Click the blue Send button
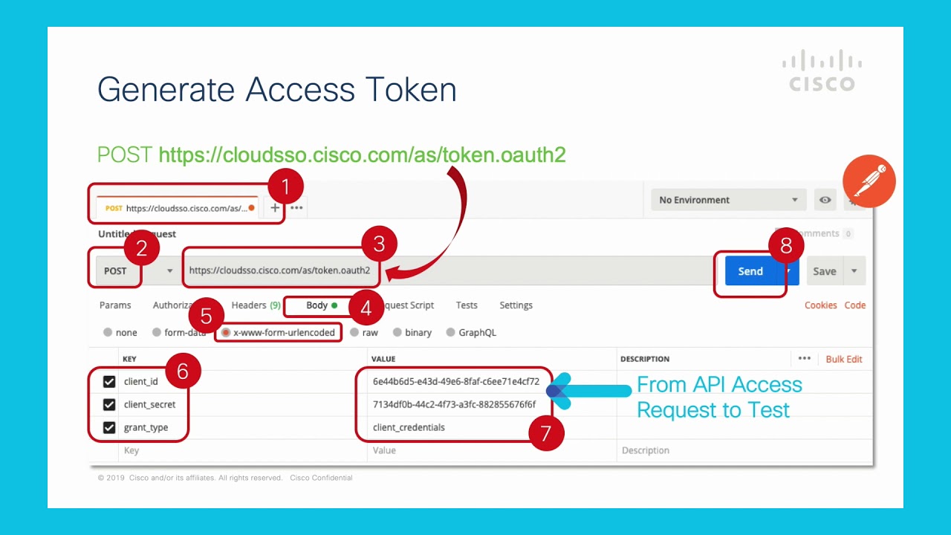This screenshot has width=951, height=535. [750, 271]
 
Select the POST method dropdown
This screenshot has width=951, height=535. [134, 271]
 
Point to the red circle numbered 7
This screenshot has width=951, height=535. [546, 433]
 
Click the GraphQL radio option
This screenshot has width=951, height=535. [451, 333]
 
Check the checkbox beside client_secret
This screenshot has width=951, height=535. [109, 405]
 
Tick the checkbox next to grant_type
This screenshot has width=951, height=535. [109, 428]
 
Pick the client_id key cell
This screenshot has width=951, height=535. [141, 382]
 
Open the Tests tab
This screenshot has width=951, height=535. [467, 305]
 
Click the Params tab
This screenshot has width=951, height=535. [115, 305]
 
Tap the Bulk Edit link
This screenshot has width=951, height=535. [844, 359]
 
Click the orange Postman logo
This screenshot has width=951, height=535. [869, 181]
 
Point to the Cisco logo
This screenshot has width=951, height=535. [822, 71]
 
